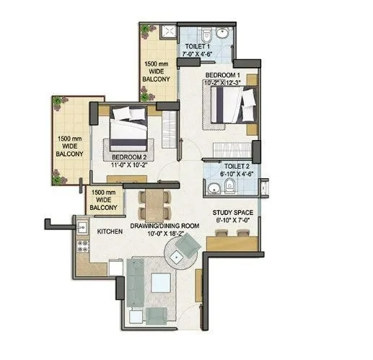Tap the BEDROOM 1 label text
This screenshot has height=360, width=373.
click(221, 75)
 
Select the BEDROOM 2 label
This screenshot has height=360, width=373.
click(129, 157)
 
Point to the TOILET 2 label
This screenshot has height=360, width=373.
click(237, 165)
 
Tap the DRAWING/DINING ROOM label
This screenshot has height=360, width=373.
click(164, 226)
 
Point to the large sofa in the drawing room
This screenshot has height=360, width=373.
click(135, 284)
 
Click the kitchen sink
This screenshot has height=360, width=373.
click(82, 228)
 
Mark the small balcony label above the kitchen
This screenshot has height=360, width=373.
click(104, 201)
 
